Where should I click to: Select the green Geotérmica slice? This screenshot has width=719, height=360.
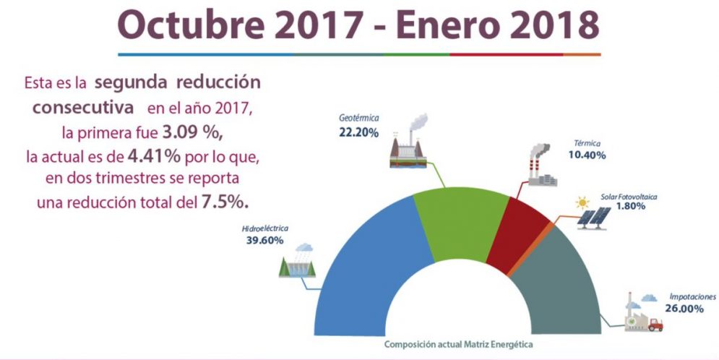(x=462, y=217)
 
